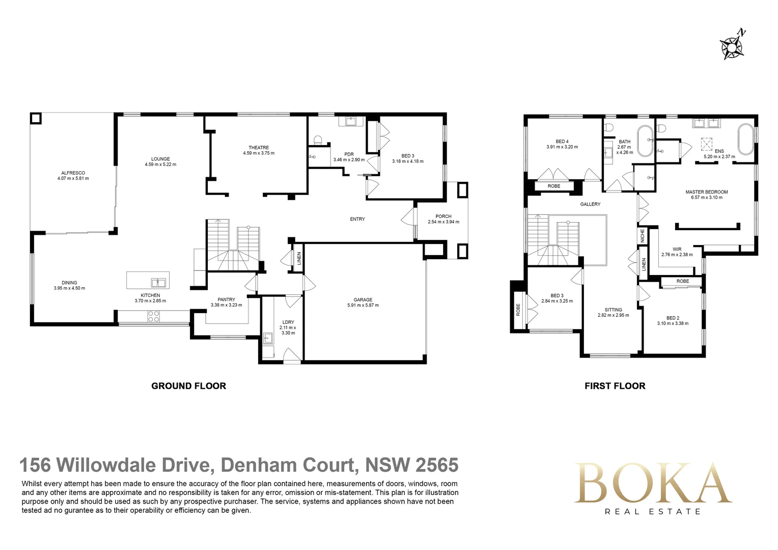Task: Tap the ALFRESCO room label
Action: point(73,173)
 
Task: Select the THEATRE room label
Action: point(259,148)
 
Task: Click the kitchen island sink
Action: point(158,282)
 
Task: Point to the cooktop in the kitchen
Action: point(153,316)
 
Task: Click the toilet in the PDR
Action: point(318,140)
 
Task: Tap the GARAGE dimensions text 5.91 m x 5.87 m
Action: point(363,306)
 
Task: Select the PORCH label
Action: point(443,216)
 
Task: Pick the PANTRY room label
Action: point(227,299)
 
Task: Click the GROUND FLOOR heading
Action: point(189,386)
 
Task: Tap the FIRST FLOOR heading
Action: point(615,386)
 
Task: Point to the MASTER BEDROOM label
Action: point(706,192)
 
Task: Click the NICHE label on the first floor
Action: point(643,235)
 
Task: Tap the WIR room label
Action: point(677,250)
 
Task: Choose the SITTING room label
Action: point(613,310)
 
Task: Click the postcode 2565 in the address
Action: point(437,465)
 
